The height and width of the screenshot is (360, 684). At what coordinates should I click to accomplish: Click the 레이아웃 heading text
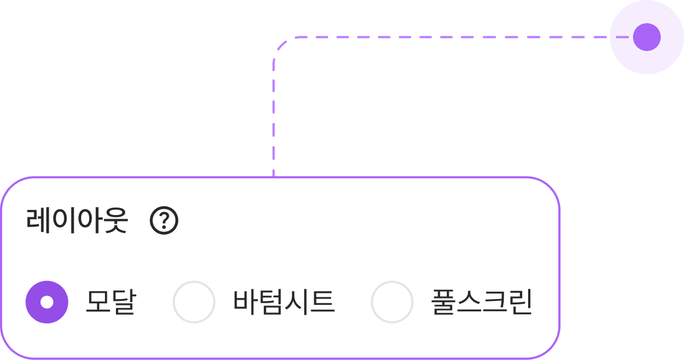(77, 220)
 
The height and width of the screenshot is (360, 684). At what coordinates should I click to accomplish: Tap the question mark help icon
(164, 220)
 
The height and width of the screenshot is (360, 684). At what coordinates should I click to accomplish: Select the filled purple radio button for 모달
(47, 301)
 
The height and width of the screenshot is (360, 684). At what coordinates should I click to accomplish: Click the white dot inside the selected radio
(47, 301)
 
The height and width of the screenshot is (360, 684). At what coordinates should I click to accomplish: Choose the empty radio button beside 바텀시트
(194, 301)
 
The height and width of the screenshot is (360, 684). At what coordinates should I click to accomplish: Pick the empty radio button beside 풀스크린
(392, 301)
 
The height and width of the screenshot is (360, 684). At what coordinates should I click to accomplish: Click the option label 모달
(110, 302)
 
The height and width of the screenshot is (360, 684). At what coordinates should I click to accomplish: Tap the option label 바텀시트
(284, 302)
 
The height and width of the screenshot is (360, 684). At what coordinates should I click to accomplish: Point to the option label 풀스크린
(482, 302)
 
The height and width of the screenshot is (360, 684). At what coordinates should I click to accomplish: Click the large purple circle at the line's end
(646, 38)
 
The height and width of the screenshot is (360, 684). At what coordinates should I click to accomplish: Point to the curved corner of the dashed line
(281, 44)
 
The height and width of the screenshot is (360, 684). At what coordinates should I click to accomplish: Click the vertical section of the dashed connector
(274, 116)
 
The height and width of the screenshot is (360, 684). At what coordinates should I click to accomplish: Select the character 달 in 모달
(123, 302)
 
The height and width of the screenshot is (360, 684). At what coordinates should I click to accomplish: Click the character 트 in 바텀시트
(322, 302)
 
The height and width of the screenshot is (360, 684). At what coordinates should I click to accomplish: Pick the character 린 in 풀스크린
(520, 302)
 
